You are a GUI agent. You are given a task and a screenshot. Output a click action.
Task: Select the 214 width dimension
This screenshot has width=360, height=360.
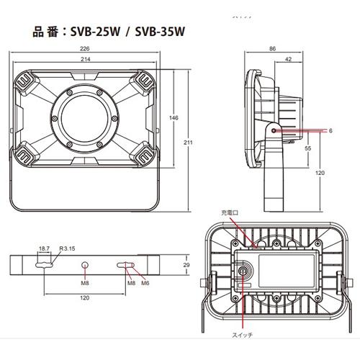click(x=85, y=60)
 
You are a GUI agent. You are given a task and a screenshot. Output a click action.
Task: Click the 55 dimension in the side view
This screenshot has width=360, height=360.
click(x=307, y=147)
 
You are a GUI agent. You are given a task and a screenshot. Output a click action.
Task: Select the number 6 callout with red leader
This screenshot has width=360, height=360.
click(x=330, y=131)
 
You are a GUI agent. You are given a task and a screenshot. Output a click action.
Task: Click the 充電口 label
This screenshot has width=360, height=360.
click(x=228, y=213)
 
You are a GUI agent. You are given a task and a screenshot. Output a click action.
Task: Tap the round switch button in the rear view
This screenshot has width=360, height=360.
click(x=243, y=272)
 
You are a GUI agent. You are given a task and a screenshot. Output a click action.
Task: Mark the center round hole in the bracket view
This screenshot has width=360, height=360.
click(x=86, y=266)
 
